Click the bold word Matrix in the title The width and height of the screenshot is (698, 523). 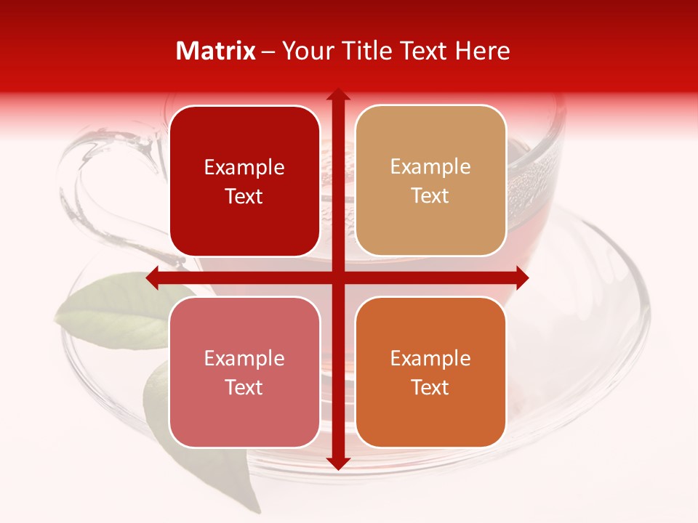[x=216, y=51]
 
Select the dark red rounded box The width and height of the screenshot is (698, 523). [x=244, y=181]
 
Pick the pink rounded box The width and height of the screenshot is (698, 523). [x=244, y=372]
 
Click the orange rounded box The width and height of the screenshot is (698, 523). [x=430, y=372]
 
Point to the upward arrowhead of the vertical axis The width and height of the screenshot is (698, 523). [x=337, y=95]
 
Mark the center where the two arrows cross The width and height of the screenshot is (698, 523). [x=337, y=278]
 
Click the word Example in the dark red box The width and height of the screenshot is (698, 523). [x=244, y=168]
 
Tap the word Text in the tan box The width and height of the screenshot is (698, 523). [x=430, y=196]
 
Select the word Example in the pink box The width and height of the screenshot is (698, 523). [x=244, y=359]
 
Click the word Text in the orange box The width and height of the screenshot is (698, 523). [x=430, y=388]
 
